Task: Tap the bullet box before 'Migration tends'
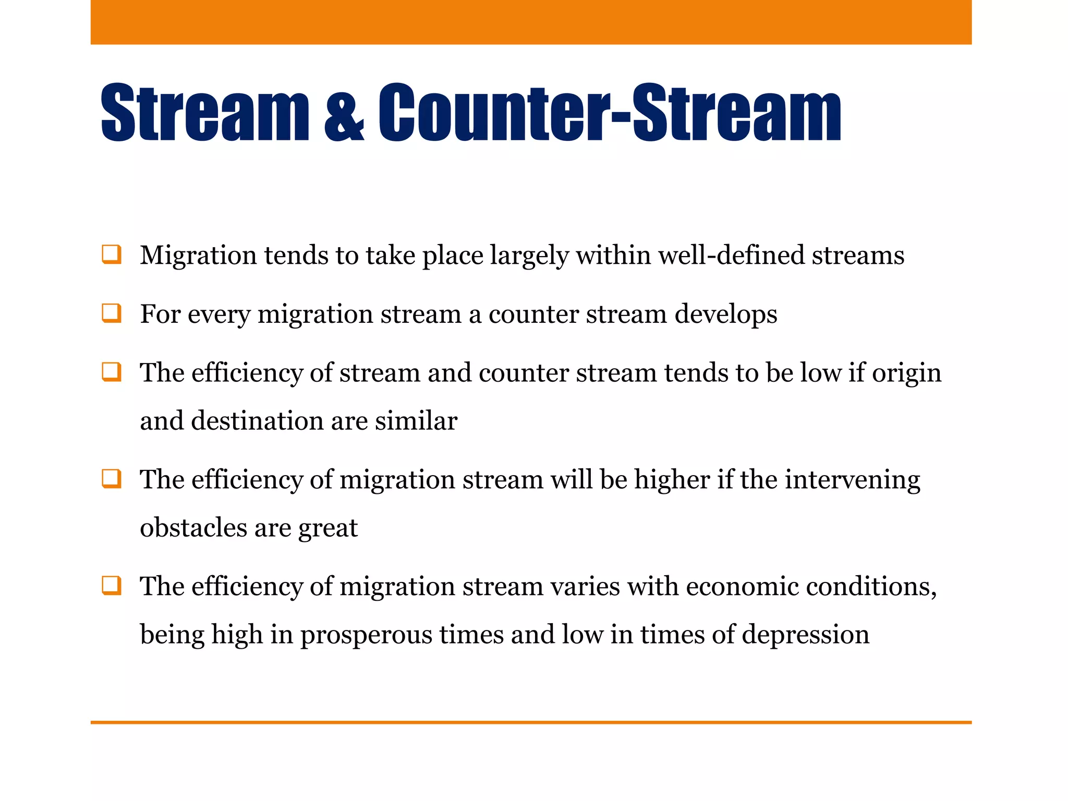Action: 112,255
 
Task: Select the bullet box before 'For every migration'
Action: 112,313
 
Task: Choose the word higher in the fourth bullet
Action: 672,480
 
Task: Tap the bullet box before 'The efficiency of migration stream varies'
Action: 112,586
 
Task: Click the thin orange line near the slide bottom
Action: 531,722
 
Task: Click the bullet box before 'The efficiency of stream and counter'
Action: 112,373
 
